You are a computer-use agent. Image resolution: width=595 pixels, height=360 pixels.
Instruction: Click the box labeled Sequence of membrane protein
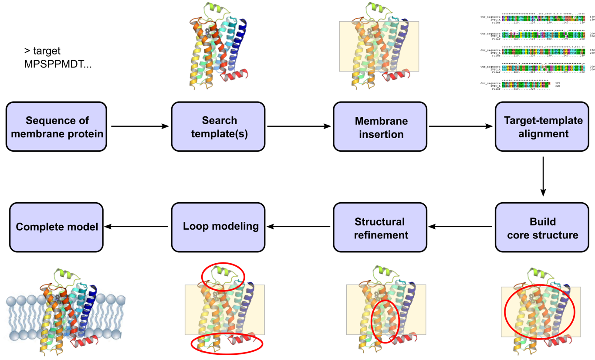click(56, 127)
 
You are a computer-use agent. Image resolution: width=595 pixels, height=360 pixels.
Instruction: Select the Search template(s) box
click(218, 127)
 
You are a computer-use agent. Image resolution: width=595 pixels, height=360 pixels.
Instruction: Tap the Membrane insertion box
click(380, 127)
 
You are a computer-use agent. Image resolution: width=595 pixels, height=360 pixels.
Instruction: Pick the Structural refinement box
click(380, 228)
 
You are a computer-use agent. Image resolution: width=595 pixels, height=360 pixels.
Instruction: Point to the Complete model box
click(56, 228)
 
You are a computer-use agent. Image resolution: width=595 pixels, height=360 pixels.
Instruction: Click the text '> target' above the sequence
click(42, 51)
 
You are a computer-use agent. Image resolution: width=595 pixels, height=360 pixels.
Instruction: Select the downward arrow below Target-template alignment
click(543, 177)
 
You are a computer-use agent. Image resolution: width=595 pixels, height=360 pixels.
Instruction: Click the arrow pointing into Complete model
click(137, 227)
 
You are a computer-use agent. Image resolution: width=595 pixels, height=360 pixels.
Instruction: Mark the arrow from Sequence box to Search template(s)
click(139, 127)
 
